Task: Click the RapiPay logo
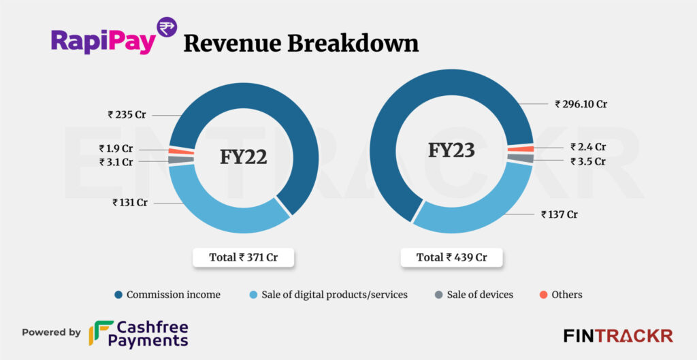coord(112,38)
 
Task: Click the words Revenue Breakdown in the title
coord(301,43)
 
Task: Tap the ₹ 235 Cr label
coord(127,114)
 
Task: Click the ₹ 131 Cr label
coord(130,202)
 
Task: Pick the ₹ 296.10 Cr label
coord(581,104)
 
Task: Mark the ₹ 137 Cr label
coord(560,214)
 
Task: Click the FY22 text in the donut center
coord(243,157)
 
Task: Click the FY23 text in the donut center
coord(451,150)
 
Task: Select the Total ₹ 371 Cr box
coord(243,257)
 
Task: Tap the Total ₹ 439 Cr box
coord(451,257)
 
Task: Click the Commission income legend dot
coord(118,295)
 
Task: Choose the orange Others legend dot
coord(543,295)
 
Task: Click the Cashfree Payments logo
coord(139,333)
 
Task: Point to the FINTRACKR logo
coord(618,336)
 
